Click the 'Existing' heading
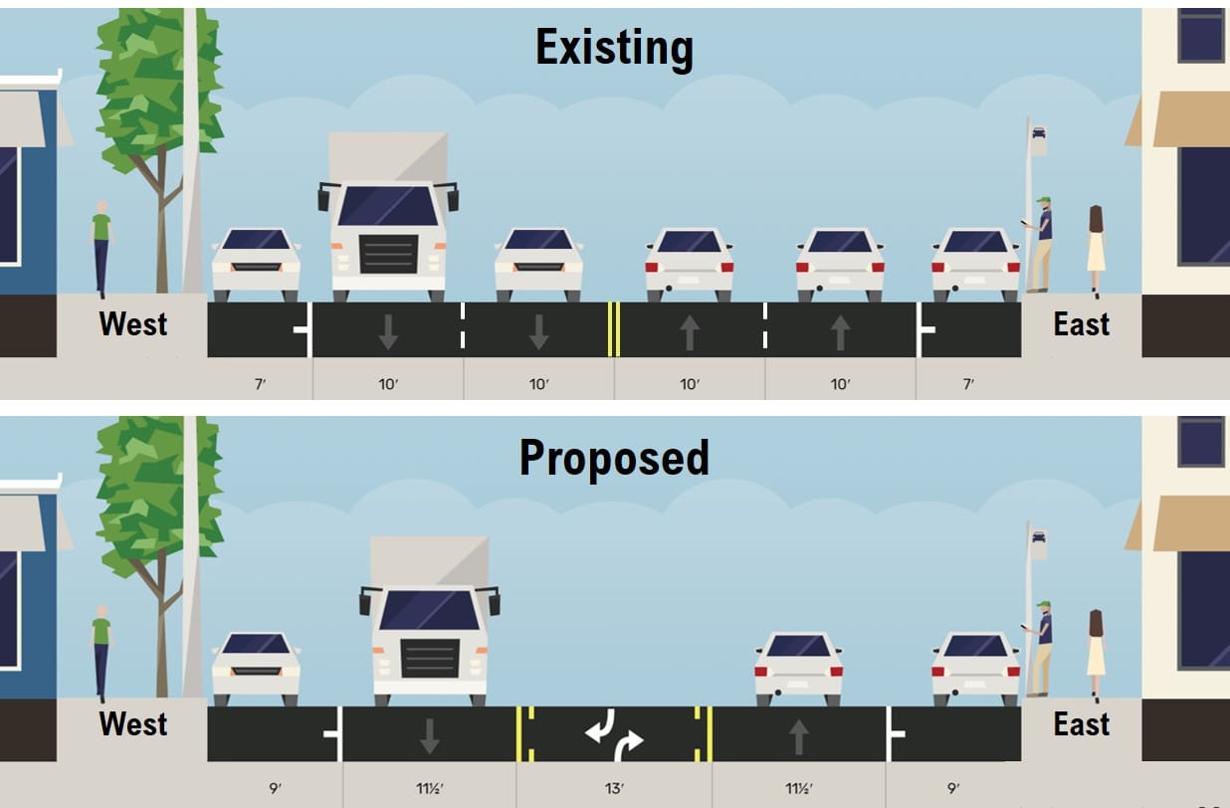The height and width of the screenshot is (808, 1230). point(614,48)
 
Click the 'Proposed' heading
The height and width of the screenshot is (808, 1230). point(614,458)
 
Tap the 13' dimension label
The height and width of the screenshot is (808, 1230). point(614,789)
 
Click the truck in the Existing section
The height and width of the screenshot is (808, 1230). point(388,219)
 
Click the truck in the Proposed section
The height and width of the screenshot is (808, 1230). point(429,622)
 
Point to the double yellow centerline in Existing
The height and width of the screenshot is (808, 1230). point(614,329)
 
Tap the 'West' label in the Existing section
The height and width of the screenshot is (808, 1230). point(133,324)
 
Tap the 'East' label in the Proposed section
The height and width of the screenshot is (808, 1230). point(1082,724)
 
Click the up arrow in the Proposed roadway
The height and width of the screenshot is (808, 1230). point(798,736)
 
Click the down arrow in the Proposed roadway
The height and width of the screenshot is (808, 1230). point(429,736)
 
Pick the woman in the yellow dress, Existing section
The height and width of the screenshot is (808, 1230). point(1096,249)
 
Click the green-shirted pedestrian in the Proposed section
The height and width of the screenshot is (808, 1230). point(101,652)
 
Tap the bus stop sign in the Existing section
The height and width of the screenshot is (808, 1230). point(1038,138)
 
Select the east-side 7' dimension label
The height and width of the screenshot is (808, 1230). point(968,384)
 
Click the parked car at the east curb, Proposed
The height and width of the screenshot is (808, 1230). point(975,665)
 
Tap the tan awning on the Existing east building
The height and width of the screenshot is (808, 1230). point(1189,119)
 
